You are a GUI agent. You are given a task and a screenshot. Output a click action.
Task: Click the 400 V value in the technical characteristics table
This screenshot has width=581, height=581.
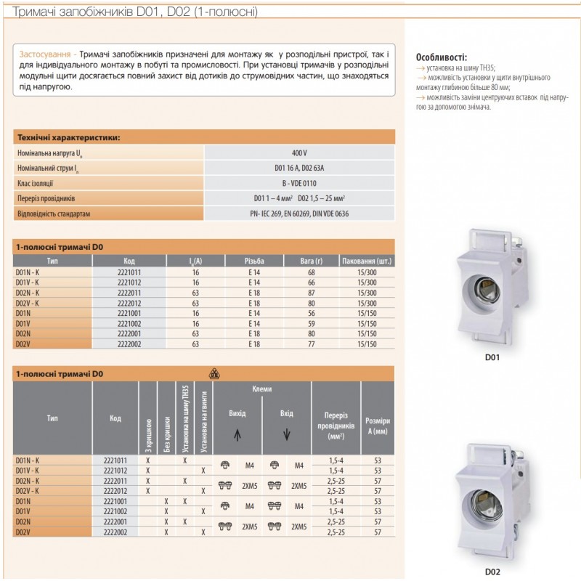coord(299,153)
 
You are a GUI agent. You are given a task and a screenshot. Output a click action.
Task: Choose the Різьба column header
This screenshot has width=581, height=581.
coord(254,260)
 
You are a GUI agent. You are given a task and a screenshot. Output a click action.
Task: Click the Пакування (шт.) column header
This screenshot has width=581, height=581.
coord(367,260)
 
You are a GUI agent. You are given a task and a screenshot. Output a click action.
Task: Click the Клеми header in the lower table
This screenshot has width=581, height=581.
coord(262,389)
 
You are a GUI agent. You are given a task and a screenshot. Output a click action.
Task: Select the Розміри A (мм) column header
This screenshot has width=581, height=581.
coord(377,425)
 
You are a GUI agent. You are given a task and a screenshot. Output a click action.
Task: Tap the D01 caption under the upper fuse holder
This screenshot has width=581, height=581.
coord(492,357)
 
